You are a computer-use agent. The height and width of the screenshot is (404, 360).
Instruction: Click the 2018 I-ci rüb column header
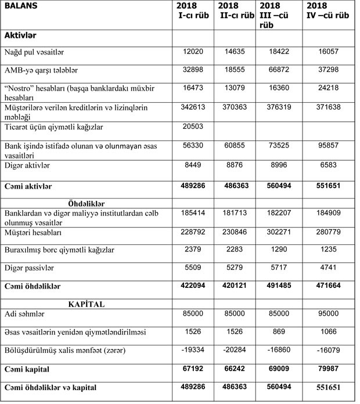[x=194, y=11]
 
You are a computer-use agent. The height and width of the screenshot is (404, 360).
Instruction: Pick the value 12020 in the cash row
[x=195, y=52]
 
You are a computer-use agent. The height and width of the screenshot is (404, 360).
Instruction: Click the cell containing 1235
[x=327, y=250]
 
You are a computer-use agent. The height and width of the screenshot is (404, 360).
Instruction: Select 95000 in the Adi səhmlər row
[x=327, y=314]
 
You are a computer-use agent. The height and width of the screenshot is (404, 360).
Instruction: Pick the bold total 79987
[x=327, y=369]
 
